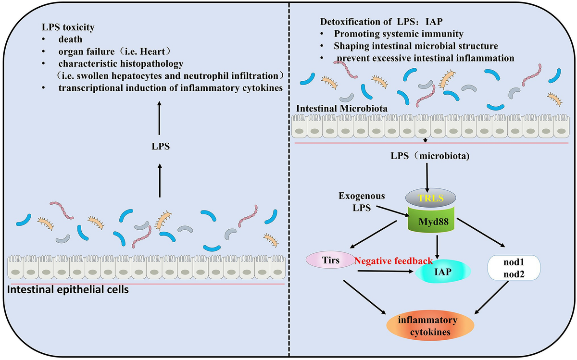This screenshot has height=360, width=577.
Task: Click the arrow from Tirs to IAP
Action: point(385,272)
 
